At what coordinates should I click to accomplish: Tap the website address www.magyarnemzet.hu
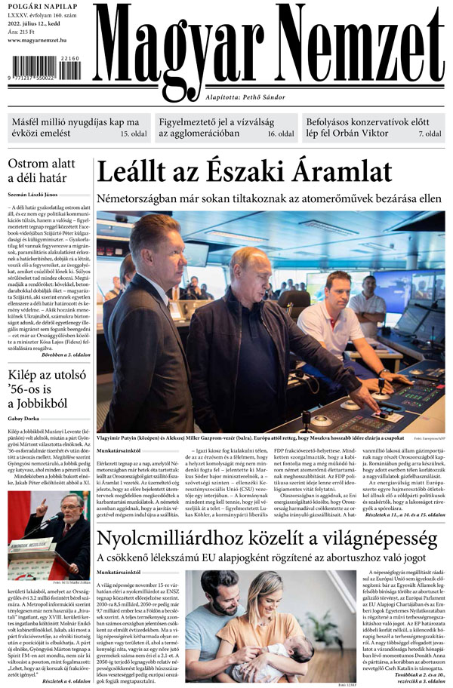(x=45, y=40)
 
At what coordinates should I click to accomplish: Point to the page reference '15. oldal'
(x=134, y=134)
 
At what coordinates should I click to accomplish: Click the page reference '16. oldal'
(x=280, y=134)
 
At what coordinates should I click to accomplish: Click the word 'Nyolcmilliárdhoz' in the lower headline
(x=180, y=539)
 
